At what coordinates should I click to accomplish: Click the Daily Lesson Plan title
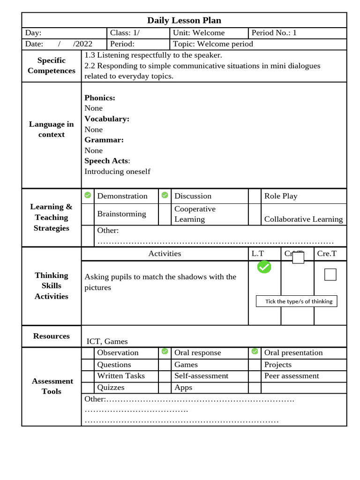(184, 20)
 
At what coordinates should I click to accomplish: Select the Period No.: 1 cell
(274, 33)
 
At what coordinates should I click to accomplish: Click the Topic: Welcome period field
(213, 44)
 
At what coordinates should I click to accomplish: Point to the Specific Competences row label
(52, 66)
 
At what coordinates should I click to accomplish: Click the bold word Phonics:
(100, 97)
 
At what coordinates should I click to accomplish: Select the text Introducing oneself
(117, 171)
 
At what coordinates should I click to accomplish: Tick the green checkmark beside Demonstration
(88, 195)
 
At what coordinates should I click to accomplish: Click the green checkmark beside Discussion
(165, 195)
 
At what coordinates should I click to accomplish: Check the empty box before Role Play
(255, 196)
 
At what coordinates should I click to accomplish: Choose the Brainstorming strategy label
(121, 214)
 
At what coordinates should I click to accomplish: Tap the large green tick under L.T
(264, 267)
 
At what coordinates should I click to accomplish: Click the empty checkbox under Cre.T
(330, 275)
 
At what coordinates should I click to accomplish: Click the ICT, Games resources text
(107, 341)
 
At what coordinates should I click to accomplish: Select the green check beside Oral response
(165, 351)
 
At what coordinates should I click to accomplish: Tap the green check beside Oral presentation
(255, 351)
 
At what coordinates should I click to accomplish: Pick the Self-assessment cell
(201, 375)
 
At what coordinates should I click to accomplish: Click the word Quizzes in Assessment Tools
(111, 387)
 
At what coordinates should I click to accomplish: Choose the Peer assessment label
(292, 375)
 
